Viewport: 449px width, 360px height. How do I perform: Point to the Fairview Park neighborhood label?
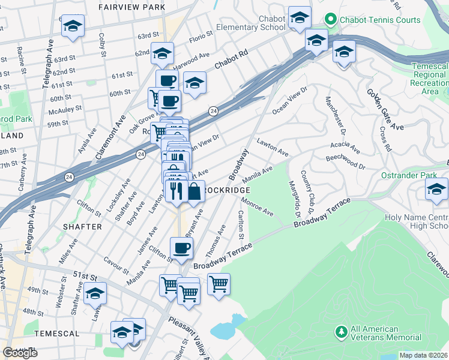133,7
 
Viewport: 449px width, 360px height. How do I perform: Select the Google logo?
20,353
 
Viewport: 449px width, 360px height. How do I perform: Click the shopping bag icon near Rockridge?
194,193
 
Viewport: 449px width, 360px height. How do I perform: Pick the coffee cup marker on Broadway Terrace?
181,248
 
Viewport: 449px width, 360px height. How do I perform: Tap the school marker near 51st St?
95,293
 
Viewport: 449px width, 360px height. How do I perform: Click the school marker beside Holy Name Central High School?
436,189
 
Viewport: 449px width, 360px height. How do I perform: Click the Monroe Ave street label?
258,206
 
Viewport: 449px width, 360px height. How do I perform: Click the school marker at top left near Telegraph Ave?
73,26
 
